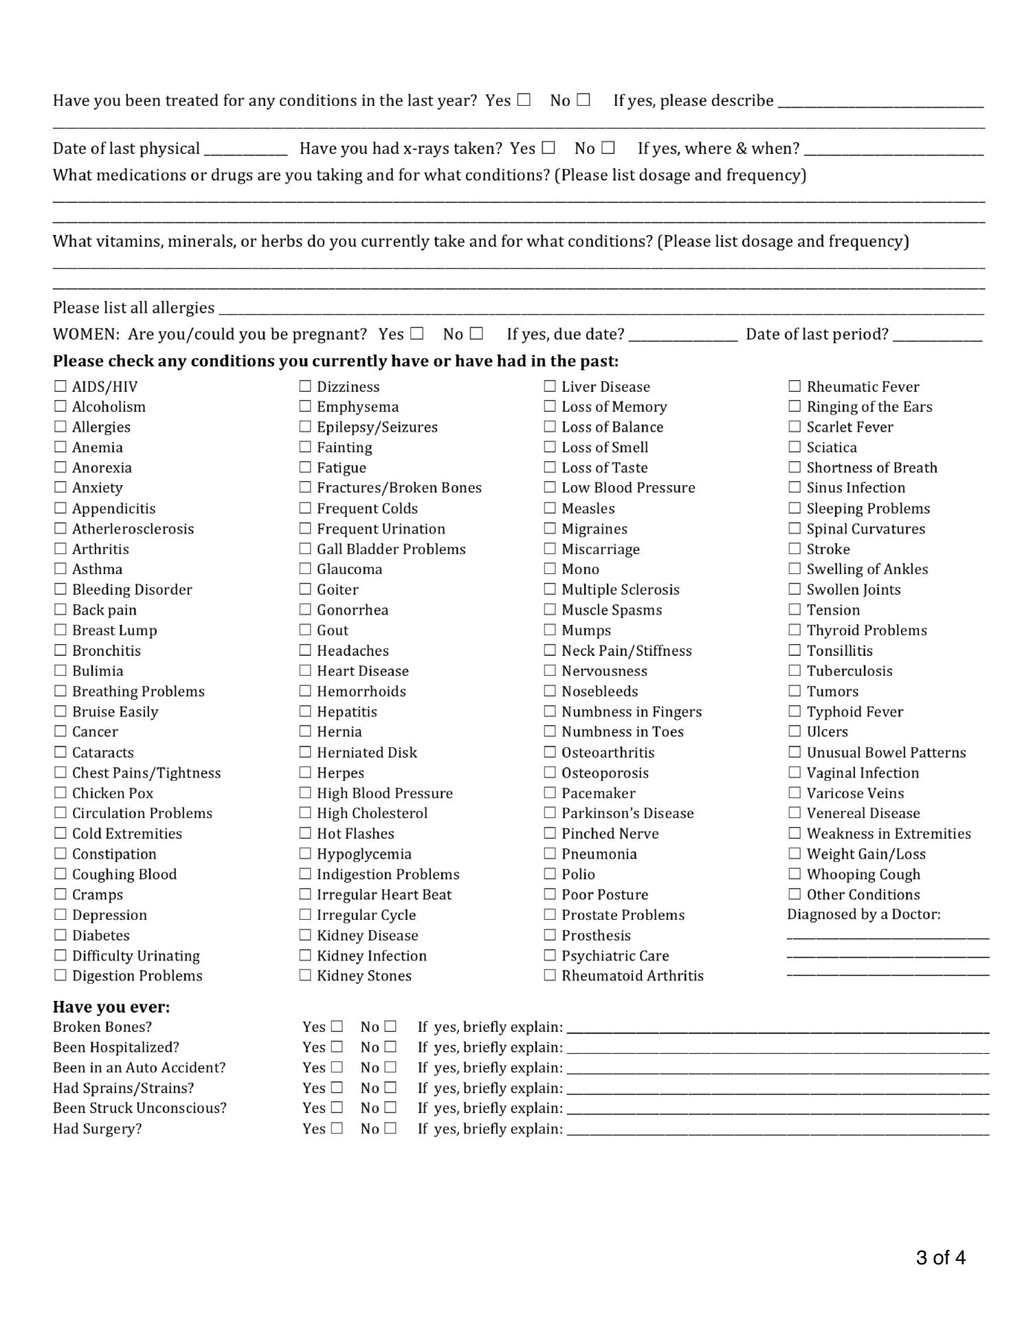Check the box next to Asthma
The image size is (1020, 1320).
pyautogui.click(x=60, y=569)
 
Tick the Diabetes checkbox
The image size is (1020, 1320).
pyautogui.click(x=60, y=935)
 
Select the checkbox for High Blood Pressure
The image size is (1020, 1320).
pyautogui.click(x=305, y=793)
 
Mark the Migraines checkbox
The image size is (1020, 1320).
pyautogui.click(x=550, y=529)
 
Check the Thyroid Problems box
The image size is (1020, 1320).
pyautogui.click(x=795, y=630)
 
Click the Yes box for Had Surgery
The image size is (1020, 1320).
pyautogui.click(x=336, y=1128)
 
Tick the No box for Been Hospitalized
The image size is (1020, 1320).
pyautogui.click(x=390, y=1047)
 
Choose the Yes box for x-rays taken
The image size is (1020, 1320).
pyautogui.click(x=548, y=148)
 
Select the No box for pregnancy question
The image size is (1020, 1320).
pyautogui.click(x=476, y=333)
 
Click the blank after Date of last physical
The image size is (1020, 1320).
pyautogui.click(x=245, y=150)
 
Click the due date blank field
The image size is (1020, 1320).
pyautogui.click(x=683, y=335)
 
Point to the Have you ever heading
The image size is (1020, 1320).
pyautogui.click(x=111, y=1007)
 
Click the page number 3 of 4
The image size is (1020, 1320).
pyautogui.click(x=940, y=1258)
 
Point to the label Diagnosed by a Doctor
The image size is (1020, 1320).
pyautogui.click(x=863, y=914)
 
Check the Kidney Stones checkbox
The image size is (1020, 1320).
pyautogui.click(x=305, y=976)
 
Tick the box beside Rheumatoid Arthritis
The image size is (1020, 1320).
pyautogui.click(x=550, y=976)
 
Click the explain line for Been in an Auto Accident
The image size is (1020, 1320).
pyautogui.click(x=777, y=1069)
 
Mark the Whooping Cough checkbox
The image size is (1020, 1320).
pyautogui.click(x=795, y=874)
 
